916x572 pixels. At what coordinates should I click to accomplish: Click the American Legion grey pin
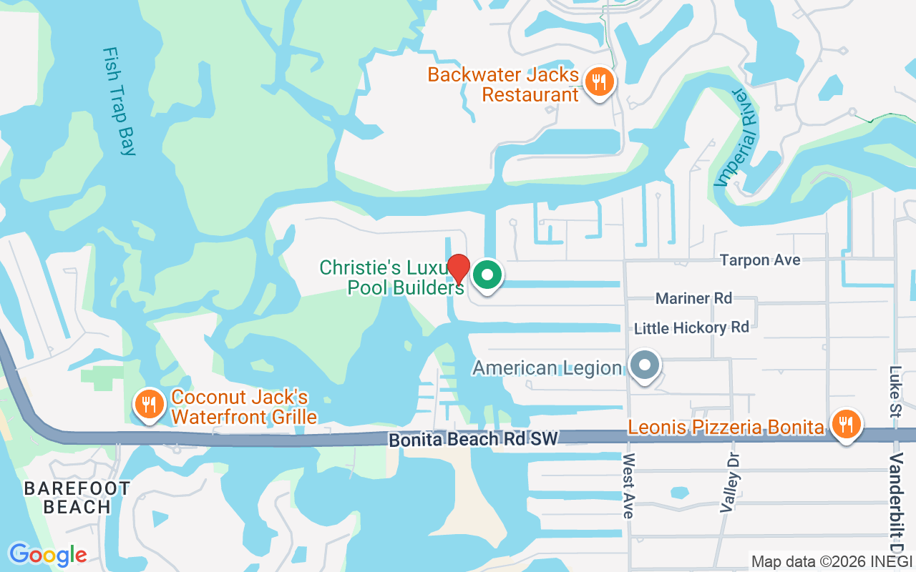[x=645, y=365]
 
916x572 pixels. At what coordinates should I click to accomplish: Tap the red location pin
[x=458, y=270]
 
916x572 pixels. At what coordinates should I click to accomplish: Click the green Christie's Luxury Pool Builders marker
[x=488, y=274]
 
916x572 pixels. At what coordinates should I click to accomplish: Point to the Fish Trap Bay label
[x=119, y=101]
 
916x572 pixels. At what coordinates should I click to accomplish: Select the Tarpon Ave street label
[x=760, y=260]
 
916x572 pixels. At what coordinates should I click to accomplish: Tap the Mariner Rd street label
[x=693, y=298]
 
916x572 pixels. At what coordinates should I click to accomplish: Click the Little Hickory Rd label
[x=691, y=327]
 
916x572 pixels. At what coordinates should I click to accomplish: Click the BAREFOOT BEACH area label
[x=77, y=498]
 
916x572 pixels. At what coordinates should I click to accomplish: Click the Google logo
[x=48, y=554]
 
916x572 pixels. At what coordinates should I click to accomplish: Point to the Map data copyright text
[x=831, y=561]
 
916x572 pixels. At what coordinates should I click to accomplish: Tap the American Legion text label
[x=547, y=368]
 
